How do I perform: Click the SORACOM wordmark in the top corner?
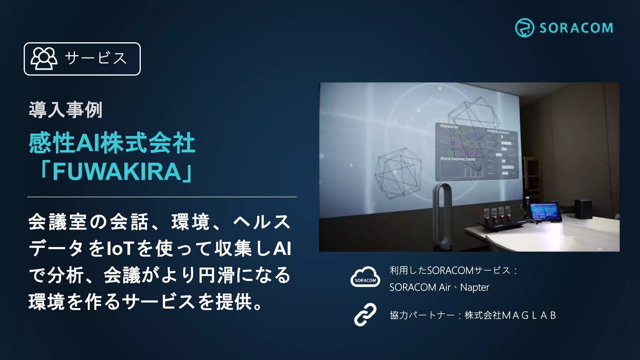(x=576, y=28)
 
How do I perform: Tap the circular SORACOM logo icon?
(x=524, y=28)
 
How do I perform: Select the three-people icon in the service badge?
(x=44, y=58)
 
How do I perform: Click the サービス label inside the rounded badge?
(x=96, y=58)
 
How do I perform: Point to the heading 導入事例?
(x=66, y=110)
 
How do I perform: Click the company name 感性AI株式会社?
(x=112, y=143)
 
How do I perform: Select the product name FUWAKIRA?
(x=117, y=172)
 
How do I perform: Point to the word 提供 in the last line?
(x=235, y=302)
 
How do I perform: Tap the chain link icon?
(x=365, y=315)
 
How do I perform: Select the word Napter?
(x=475, y=287)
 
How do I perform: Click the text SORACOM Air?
(x=420, y=287)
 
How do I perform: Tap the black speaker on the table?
(x=583, y=208)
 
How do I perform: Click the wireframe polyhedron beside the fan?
(x=397, y=173)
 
